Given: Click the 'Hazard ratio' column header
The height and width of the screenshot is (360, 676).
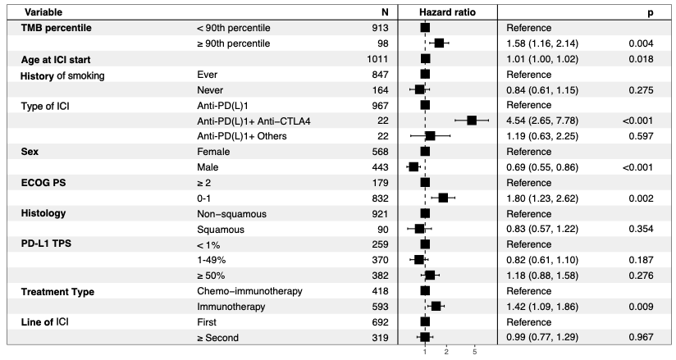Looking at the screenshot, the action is pos(447,12).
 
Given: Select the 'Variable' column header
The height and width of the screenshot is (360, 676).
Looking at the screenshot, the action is pos(43,12).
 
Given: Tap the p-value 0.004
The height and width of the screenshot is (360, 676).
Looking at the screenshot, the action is pos(641,43).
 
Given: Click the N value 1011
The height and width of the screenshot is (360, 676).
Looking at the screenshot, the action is pos(377,59).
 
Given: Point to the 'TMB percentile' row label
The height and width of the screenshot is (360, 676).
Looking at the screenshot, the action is pos(56,28).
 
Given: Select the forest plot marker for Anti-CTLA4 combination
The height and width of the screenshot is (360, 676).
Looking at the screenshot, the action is pos(472,121).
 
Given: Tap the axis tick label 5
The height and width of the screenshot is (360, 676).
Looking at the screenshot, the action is pos(475,352).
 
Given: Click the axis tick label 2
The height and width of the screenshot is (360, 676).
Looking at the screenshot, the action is pos(446,352).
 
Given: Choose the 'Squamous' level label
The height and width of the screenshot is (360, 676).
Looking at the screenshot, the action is pos(221,230).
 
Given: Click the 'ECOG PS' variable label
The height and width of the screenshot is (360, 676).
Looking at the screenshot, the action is pos(43,183).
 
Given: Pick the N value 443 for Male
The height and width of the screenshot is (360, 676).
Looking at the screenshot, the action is pos(380,167).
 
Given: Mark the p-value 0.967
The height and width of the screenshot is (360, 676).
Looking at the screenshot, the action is pos(641,337).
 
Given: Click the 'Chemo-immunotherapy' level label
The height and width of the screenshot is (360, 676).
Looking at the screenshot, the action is pos(249,291).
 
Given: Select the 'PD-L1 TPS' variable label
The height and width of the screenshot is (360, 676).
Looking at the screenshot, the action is pos(46,244).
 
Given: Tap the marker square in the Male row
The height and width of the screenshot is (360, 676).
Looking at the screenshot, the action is pos(413,166).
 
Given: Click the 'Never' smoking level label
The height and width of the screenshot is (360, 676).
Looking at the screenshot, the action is pos(210,90).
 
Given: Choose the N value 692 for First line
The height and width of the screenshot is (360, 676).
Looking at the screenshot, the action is pos(380,322).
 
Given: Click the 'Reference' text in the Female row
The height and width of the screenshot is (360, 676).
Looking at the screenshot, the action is pos(528,152).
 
